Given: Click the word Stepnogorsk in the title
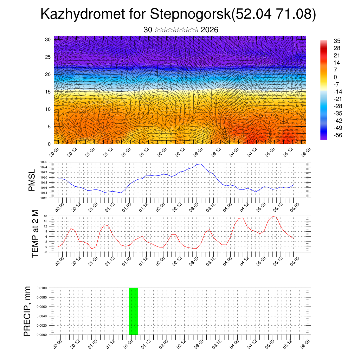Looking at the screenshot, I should point(190,14).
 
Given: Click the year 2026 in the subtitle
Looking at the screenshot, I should point(210,30).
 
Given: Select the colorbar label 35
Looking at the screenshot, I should point(337,41).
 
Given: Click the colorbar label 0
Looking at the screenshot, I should point(335,77).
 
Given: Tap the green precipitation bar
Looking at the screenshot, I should point(134,311).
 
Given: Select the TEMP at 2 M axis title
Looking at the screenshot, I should point(35,233).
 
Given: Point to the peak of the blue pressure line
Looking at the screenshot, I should point(200,164).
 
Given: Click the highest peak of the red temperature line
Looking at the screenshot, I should point(273,216).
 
